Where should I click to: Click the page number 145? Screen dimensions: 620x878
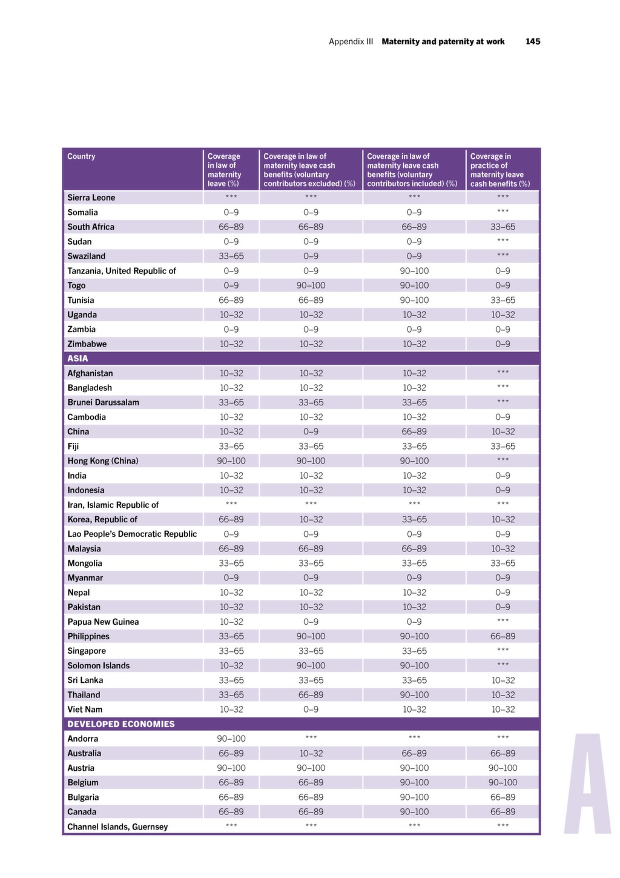[x=533, y=42]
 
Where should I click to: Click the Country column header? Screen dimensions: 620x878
[x=81, y=156]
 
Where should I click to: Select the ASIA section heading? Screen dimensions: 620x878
[x=77, y=358]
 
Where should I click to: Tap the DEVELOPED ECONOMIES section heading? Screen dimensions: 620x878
[x=121, y=724]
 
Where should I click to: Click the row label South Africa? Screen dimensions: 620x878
[x=91, y=227]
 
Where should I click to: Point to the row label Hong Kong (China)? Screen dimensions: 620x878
[x=102, y=461]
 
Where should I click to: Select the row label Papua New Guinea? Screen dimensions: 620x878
[x=103, y=622]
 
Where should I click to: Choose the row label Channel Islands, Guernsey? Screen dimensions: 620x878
[x=117, y=827]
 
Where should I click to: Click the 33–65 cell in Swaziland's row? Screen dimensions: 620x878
[x=231, y=256]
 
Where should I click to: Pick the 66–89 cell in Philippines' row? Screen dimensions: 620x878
[x=503, y=637]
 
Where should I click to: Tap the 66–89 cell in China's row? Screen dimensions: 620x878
[x=414, y=432]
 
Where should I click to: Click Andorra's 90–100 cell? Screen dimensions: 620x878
[x=231, y=739]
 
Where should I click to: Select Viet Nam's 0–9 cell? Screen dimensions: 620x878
[x=311, y=710]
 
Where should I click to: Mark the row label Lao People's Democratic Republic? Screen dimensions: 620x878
[x=132, y=534]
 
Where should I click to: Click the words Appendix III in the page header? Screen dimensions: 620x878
[x=351, y=42]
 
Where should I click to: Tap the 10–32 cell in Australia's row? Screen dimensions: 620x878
[x=311, y=753]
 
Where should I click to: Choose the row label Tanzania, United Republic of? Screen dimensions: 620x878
[x=122, y=271]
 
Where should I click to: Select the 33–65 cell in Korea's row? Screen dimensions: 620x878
[x=414, y=520]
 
